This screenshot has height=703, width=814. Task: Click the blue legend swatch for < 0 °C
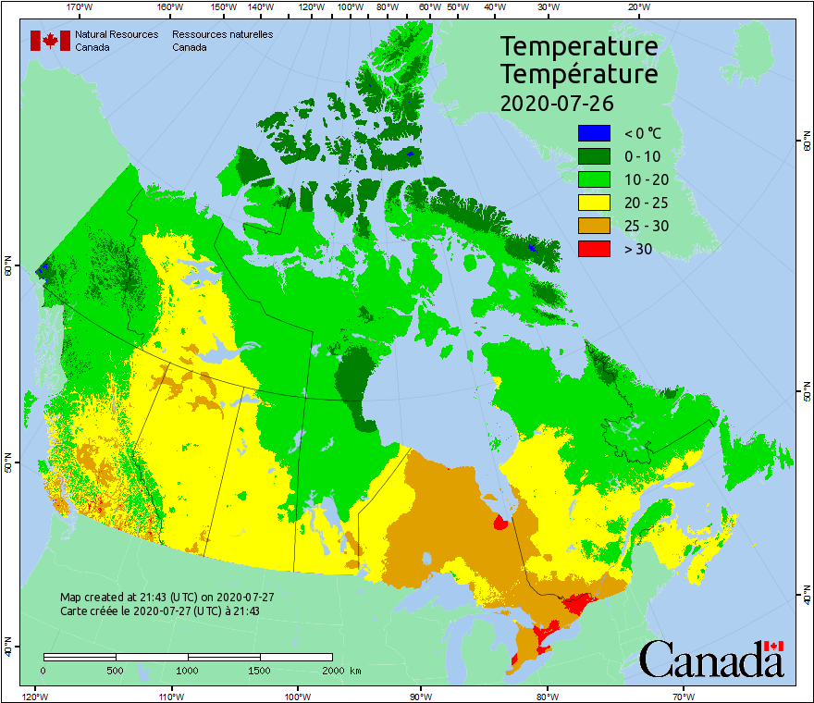[594, 133]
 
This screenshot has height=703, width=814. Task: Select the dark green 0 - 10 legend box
[594, 156]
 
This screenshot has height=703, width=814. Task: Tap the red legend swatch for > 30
[594, 248]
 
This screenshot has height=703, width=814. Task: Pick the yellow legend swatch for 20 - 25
[594, 203]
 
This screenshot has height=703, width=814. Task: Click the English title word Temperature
[579, 46]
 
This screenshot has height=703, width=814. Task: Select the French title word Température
[579, 73]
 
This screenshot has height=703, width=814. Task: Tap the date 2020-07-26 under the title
[557, 103]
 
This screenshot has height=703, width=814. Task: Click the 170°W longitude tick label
[80, 7]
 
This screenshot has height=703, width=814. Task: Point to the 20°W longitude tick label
[637, 7]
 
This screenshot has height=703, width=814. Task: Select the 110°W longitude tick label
[170, 696]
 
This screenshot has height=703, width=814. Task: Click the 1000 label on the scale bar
[188, 670]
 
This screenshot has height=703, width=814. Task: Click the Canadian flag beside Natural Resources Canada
[50, 41]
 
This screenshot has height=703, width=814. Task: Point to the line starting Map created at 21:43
[166, 598]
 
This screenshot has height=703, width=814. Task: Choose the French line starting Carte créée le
[159, 611]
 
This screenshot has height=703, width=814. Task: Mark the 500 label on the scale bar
[116, 670]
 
